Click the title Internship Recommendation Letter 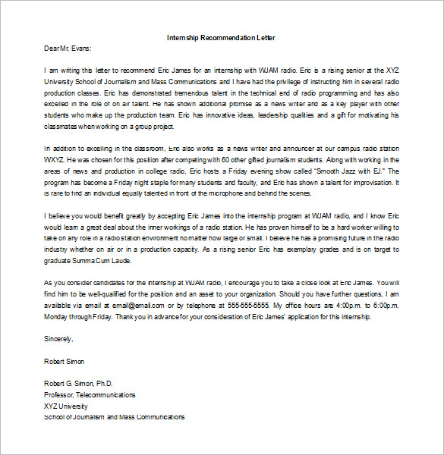221,37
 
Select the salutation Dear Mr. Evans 68,48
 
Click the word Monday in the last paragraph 57,317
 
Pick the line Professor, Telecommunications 90,394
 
